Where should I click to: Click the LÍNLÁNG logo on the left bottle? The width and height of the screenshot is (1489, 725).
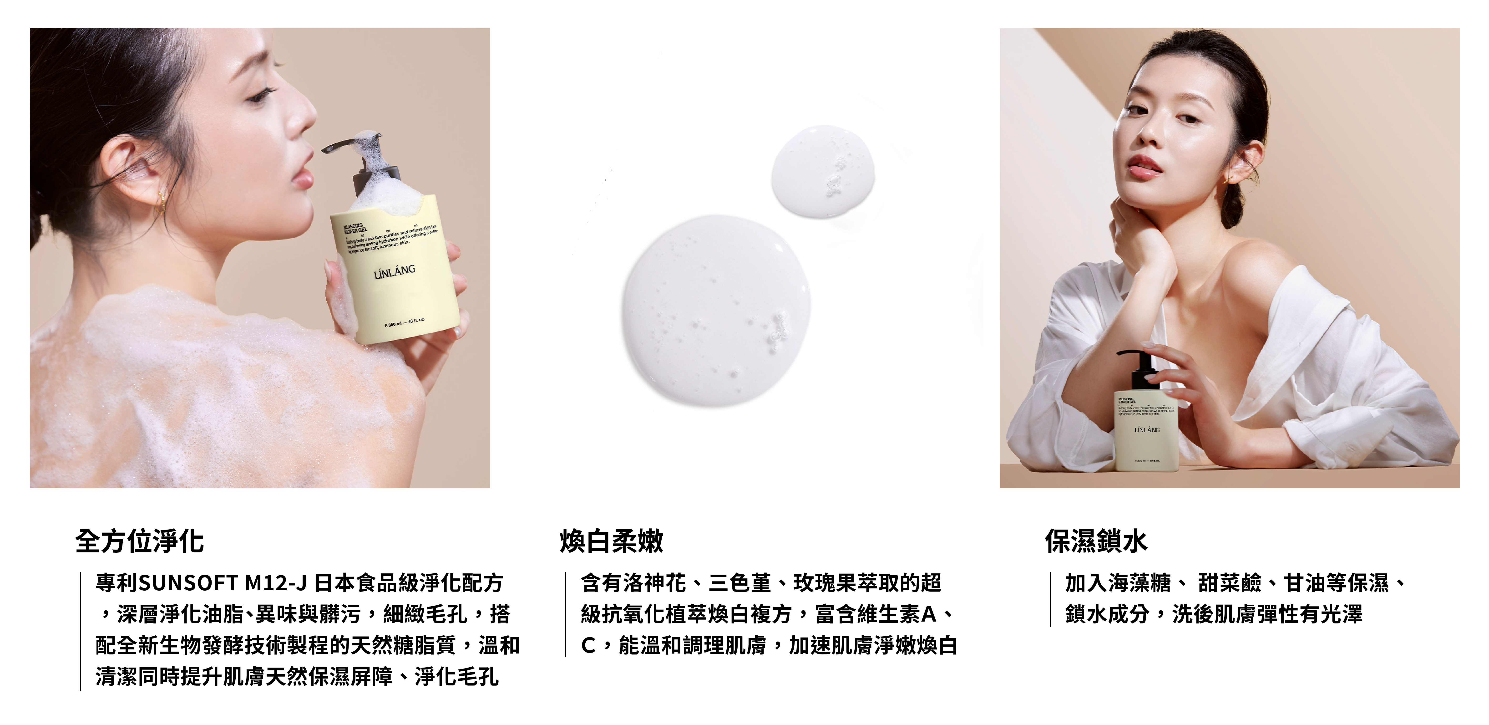click(x=394, y=271)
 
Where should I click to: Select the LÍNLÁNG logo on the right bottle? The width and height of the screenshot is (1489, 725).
click(x=1147, y=429)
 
